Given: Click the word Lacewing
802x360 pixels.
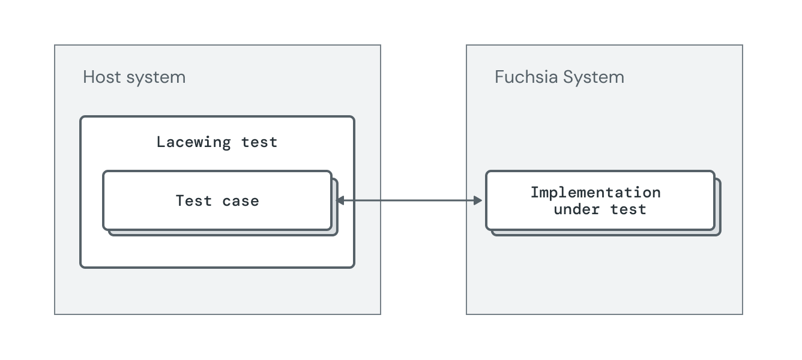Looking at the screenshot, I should tap(193, 142).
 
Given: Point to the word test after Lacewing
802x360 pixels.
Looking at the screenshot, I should tap(259, 142).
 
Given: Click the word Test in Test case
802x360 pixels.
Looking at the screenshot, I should tap(194, 200).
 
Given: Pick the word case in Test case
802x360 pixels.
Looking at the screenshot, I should tap(241, 200).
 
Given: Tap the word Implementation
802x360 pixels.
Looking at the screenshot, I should tap(595, 193).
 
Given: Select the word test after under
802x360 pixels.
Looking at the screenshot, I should tap(629, 209).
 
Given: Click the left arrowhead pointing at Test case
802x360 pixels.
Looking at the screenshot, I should tap(340, 200).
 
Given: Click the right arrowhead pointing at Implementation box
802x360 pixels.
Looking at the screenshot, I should tap(478, 200).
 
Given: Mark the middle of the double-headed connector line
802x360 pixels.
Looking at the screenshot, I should tap(409, 200).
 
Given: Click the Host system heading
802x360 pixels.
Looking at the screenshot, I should tap(134, 77).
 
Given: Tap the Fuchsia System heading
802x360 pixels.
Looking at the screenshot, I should tap(559, 77).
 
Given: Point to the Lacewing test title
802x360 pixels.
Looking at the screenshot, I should tap(217, 142).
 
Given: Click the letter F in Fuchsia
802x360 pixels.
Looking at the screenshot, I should tap(499, 77).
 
